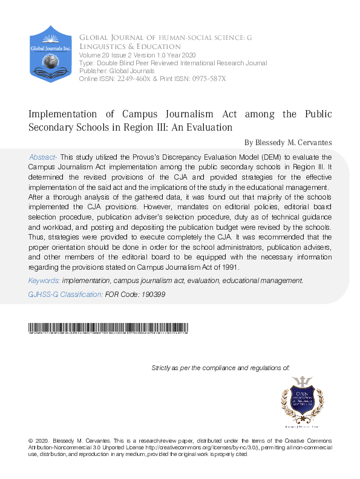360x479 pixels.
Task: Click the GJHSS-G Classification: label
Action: pos(65,294)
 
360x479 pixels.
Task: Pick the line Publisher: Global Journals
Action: pos(117,71)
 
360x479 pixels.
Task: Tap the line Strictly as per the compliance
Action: pos(220,367)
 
